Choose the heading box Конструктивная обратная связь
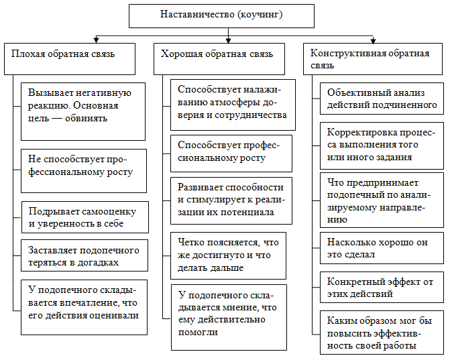tap(374, 59)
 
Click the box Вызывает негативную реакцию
tap(83, 105)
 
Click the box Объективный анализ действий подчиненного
tap(381, 99)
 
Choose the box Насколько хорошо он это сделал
tap(381, 248)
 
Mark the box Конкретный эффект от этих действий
tap(381, 287)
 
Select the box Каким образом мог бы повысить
tap(381, 333)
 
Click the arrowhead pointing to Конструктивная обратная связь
tap(374, 41)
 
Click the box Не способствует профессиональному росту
tap(83, 165)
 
